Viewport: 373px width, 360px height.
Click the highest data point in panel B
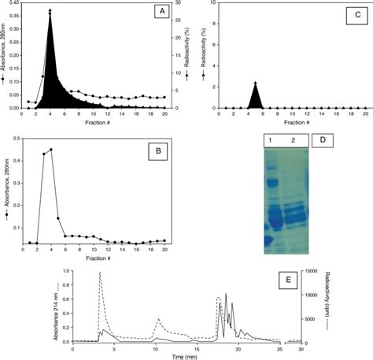click(50, 150)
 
